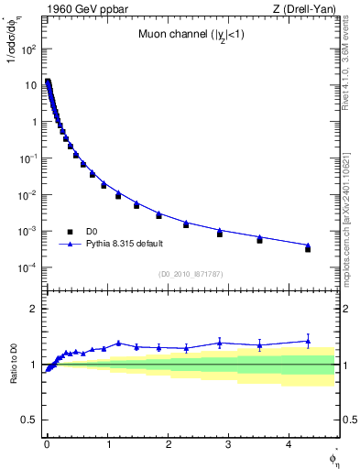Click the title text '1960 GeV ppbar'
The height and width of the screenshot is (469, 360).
pyautogui.click(x=80, y=8)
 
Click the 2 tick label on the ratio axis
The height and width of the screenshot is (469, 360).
pyautogui.click(x=32, y=309)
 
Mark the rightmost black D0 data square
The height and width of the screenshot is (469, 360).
pyautogui.click(x=308, y=249)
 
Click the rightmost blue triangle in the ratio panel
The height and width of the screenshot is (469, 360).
pyautogui.click(x=308, y=341)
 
